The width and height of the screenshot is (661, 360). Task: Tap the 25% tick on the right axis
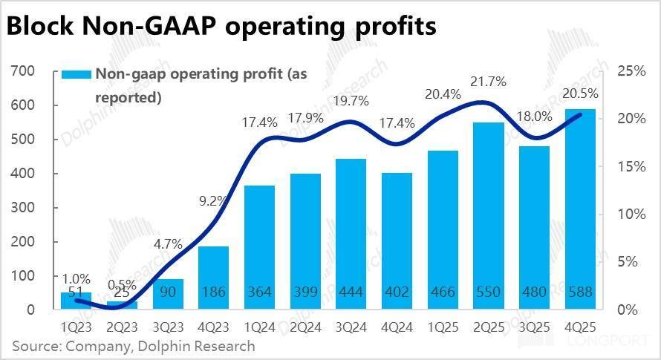(631, 71)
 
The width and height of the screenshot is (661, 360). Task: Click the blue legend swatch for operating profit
(76, 74)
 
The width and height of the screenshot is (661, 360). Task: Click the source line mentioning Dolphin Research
(134, 346)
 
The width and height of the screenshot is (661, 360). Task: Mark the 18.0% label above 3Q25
(533, 117)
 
